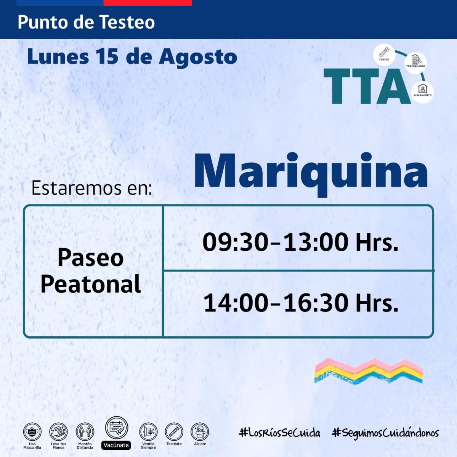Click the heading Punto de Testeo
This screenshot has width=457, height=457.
click(x=86, y=22)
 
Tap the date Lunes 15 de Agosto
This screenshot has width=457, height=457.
click(x=132, y=57)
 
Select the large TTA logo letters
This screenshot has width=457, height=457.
click(x=367, y=86)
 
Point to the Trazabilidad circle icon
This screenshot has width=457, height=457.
click(x=415, y=62)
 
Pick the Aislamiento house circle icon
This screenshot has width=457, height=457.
click(x=423, y=92)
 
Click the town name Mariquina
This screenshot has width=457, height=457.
click(x=311, y=174)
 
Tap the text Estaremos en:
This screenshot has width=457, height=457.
click(x=91, y=188)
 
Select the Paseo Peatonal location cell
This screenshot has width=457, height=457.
click(x=91, y=271)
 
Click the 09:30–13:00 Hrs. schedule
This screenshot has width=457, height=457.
click(x=300, y=242)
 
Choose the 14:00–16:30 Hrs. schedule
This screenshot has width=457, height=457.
click(x=301, y=303)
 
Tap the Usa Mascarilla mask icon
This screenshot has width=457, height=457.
click(x=32, y=432)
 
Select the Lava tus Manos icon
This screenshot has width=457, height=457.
click(x=58, y=432)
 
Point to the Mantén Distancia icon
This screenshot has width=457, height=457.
click(x=85, y=432)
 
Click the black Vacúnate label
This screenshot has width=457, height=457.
click(x=116, y=445)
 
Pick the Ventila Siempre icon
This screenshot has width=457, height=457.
click(x=148, y=432)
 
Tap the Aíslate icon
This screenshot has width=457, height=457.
click(x=200, y=432)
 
